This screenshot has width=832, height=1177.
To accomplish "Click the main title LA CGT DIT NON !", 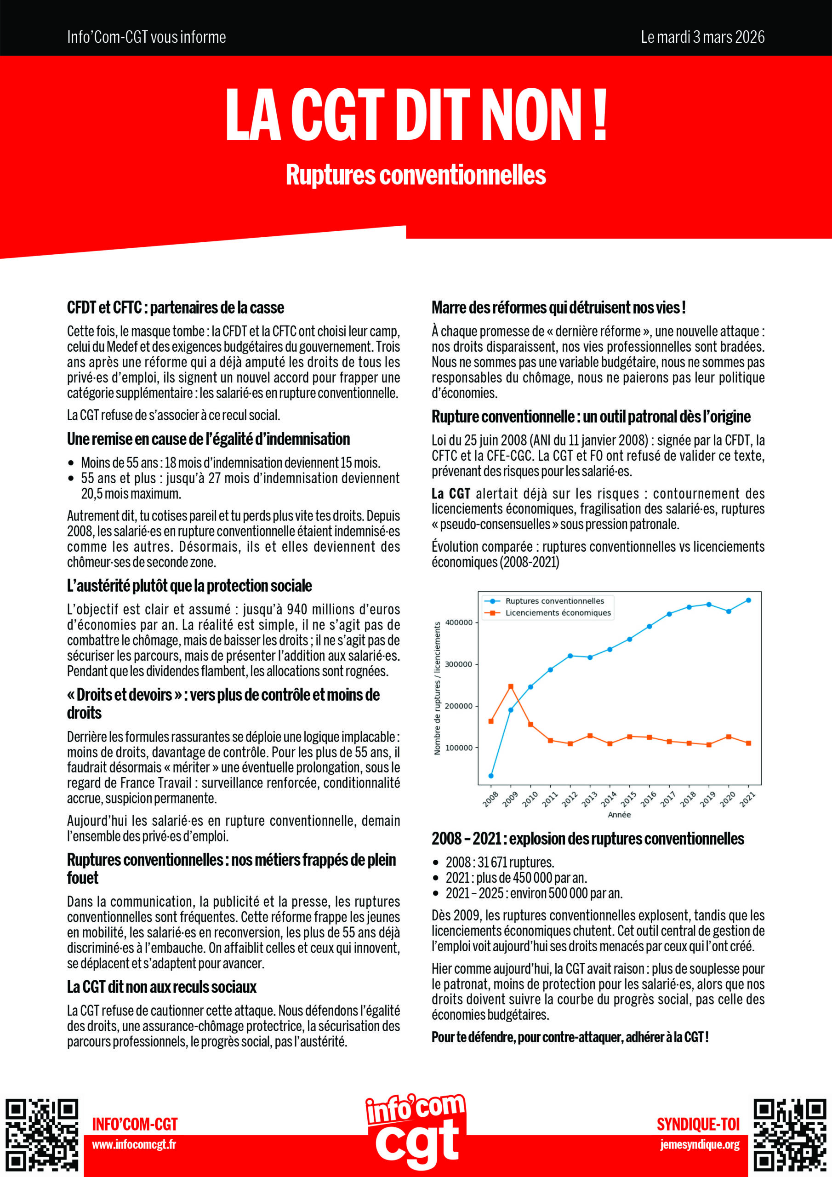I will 416,115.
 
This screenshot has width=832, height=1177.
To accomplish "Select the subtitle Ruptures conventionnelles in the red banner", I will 416,175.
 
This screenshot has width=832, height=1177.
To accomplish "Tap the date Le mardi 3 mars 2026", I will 702,37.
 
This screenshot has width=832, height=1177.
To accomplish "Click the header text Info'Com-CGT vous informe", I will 147,37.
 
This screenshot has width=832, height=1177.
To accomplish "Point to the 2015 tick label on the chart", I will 628,799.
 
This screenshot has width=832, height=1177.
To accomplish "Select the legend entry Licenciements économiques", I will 558,612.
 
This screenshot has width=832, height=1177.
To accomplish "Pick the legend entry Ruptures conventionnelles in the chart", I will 554,601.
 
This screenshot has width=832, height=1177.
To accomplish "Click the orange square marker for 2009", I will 511,686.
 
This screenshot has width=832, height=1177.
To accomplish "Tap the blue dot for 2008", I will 491,776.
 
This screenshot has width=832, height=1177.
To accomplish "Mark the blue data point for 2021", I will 748,600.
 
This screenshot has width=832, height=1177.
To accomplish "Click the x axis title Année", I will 619,815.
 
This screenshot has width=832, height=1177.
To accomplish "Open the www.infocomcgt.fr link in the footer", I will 134,1145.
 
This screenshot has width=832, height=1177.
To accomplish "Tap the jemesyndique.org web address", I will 700,1145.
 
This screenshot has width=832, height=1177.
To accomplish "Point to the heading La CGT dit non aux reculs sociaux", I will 161,987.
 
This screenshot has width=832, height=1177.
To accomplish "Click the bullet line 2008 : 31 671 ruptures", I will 499,862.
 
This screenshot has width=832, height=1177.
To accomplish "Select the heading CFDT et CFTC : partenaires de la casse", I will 175,308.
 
